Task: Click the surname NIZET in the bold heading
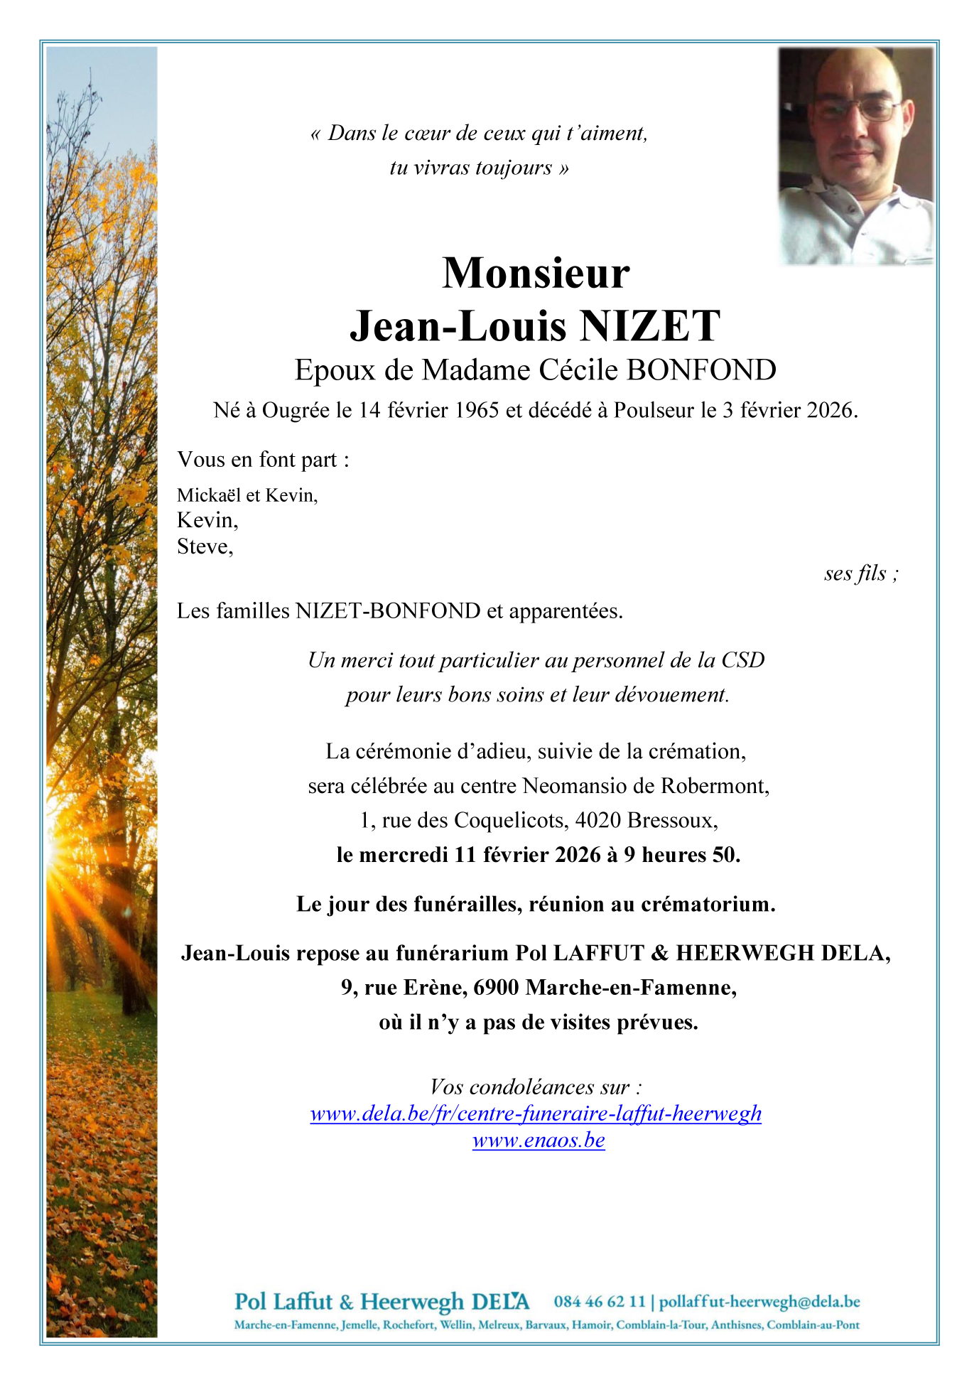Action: tap(649, 326)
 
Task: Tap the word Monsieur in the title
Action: tap(536, 273)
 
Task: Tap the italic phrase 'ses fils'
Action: tap(855, 573)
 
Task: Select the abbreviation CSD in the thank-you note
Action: tap(743, 660)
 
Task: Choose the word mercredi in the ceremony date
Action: tap(404, 855)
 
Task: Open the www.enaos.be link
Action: tap(539, 1141)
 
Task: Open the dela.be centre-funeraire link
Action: tap(536, 1114)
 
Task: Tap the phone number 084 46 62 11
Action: tap(600, 1302)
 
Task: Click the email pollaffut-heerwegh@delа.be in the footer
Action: tap(759, 1302)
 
